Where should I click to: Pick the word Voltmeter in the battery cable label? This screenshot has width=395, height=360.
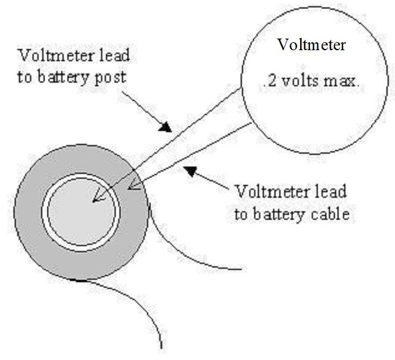pos(265,192)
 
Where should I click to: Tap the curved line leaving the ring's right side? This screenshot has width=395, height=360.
pos(184,257)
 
